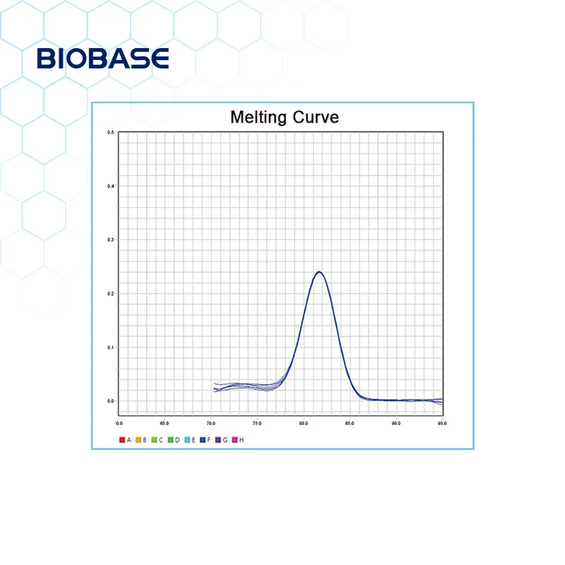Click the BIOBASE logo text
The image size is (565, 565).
click(103, 59)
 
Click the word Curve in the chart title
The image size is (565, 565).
click(314, 117)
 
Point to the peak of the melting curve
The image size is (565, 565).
click(319, 272)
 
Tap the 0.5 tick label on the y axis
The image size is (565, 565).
click(110, 133)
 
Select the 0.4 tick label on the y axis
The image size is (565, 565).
click(110, 186)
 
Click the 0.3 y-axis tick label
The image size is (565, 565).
click(110, 240)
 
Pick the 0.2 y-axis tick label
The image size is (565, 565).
click(110, 294)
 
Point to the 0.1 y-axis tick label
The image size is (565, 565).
click(110, 347)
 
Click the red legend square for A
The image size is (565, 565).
click(121, 440)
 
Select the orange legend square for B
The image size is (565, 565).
click(138, 440)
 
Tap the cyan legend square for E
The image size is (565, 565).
click(186, 440)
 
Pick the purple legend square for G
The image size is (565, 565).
click(219, 440)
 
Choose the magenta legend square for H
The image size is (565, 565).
click(235, 440)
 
